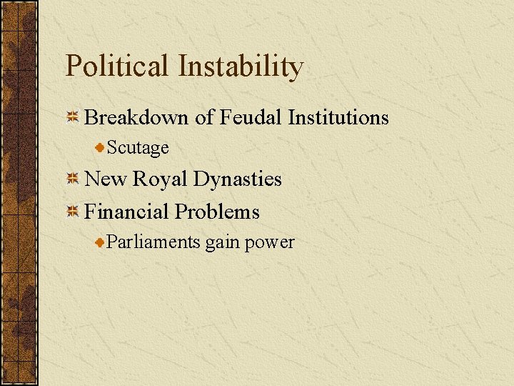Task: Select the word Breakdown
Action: tap(136, 117)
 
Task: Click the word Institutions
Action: tap(338, 117)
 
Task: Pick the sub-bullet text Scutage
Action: tap(138, 148)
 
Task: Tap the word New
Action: tap(104, 179)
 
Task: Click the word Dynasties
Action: tap(238, 179)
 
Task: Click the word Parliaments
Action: tap(153, 242)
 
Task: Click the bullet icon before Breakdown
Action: tap(72, 118)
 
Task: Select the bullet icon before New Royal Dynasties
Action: tap(72, 179)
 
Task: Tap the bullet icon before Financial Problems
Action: tap(72, 212)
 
